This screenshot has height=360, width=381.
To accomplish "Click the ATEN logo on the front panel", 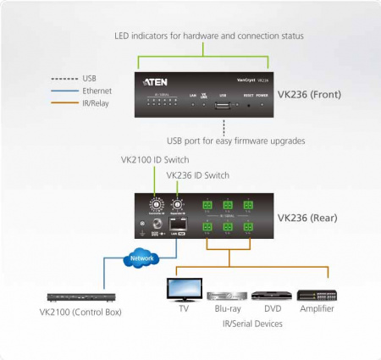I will (x=161, y=82).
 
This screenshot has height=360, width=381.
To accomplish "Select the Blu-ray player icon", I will (x=226, y=296).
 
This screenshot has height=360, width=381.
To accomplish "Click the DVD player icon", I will (x=271, y=296).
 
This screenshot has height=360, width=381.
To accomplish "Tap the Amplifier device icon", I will (x=317, y=296).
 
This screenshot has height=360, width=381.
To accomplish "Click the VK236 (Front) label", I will (x=310, y=94).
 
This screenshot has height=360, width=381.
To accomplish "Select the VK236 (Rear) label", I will (x=308, y=217).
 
